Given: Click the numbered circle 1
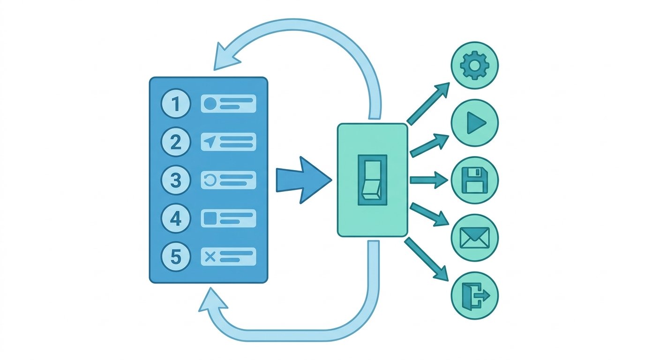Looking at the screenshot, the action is (x=176, y=104).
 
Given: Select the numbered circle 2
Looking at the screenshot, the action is (x=176, y=142).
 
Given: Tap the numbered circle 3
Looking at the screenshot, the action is (x=176, y=180).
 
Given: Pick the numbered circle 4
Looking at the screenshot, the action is (x=176, y=218).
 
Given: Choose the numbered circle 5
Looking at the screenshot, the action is (x=176, y=256).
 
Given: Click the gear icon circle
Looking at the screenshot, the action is (x=474, y=65).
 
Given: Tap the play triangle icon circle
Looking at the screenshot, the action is (x=474, y=123).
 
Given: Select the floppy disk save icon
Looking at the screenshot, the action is (x=474, y=180).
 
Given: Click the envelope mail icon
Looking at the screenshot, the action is (x=474, y=238).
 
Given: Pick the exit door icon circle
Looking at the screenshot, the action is (x=474, y=295).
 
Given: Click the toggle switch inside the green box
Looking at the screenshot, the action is (x=372, y=180).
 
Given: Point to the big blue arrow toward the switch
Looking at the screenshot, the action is (x=304, y=180).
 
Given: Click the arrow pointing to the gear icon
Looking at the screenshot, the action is (x=428, y=104).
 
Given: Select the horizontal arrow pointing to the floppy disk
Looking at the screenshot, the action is (x=429, y=180).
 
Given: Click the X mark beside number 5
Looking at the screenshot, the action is (x=210, y=256).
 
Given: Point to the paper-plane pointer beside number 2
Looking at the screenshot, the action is (x=210, y=142).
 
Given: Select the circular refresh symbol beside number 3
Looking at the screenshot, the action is (x=210, y=180).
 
